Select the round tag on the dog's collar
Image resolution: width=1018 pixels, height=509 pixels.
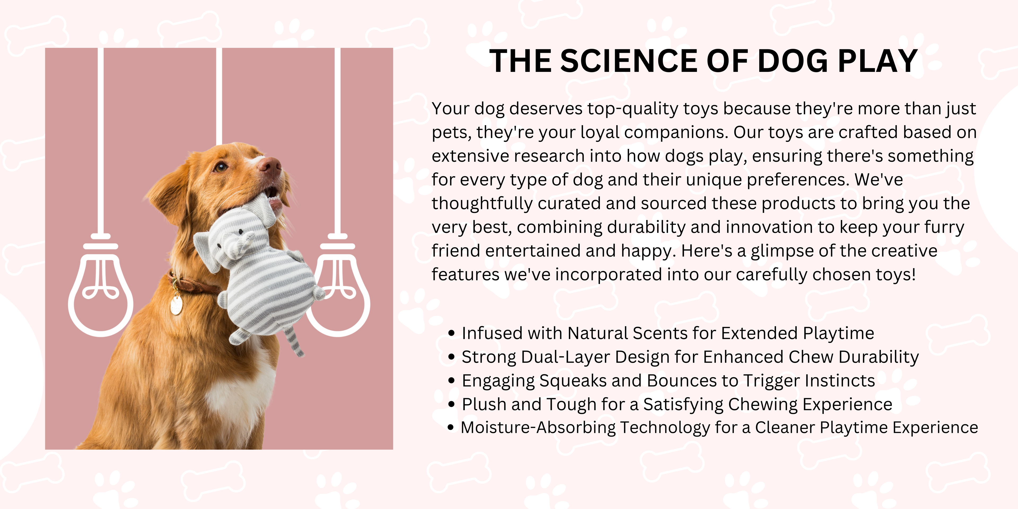click(x=176, y=305)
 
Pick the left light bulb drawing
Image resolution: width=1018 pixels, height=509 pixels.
click(x=101, y=284)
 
